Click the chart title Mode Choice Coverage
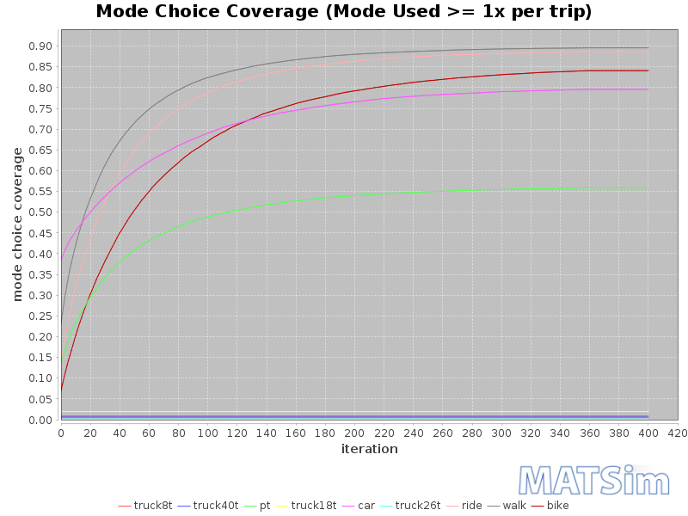pyautogui.click(x=343, y=12)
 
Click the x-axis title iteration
pyautogui.click(x=369, y=449)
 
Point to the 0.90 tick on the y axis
pyautogui.click(x=40, y=46)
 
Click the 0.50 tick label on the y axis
pyautogui.click(x=40, y=212)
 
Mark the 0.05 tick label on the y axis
pyautogui.click(x=40, y=399)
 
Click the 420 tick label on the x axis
pyautogui.click(x=678, y=433)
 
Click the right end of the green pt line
pyautogui.click(x=648, y=187)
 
